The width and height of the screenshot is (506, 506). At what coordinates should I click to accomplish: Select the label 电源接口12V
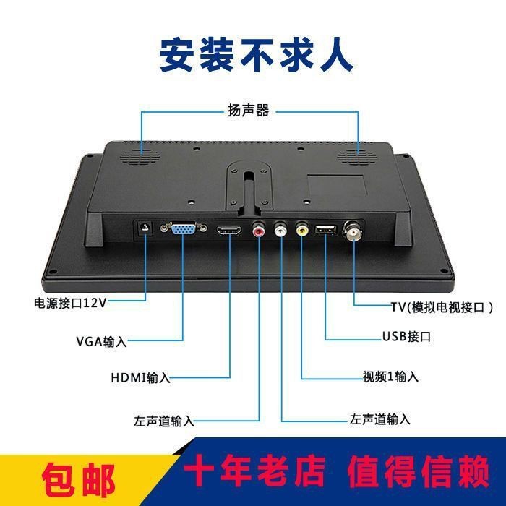(x=70, y=303)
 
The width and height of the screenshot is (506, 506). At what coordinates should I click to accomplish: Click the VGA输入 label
(x=101, y=341)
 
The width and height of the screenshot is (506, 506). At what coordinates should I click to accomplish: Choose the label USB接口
(x=406, y=336)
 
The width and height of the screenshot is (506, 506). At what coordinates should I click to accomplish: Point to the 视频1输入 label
(x=390, y=377)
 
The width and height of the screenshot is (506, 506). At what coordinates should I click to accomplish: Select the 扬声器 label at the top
(x=248, y=110)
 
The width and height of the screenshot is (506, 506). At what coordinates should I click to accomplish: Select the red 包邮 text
(x=79, y=478)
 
